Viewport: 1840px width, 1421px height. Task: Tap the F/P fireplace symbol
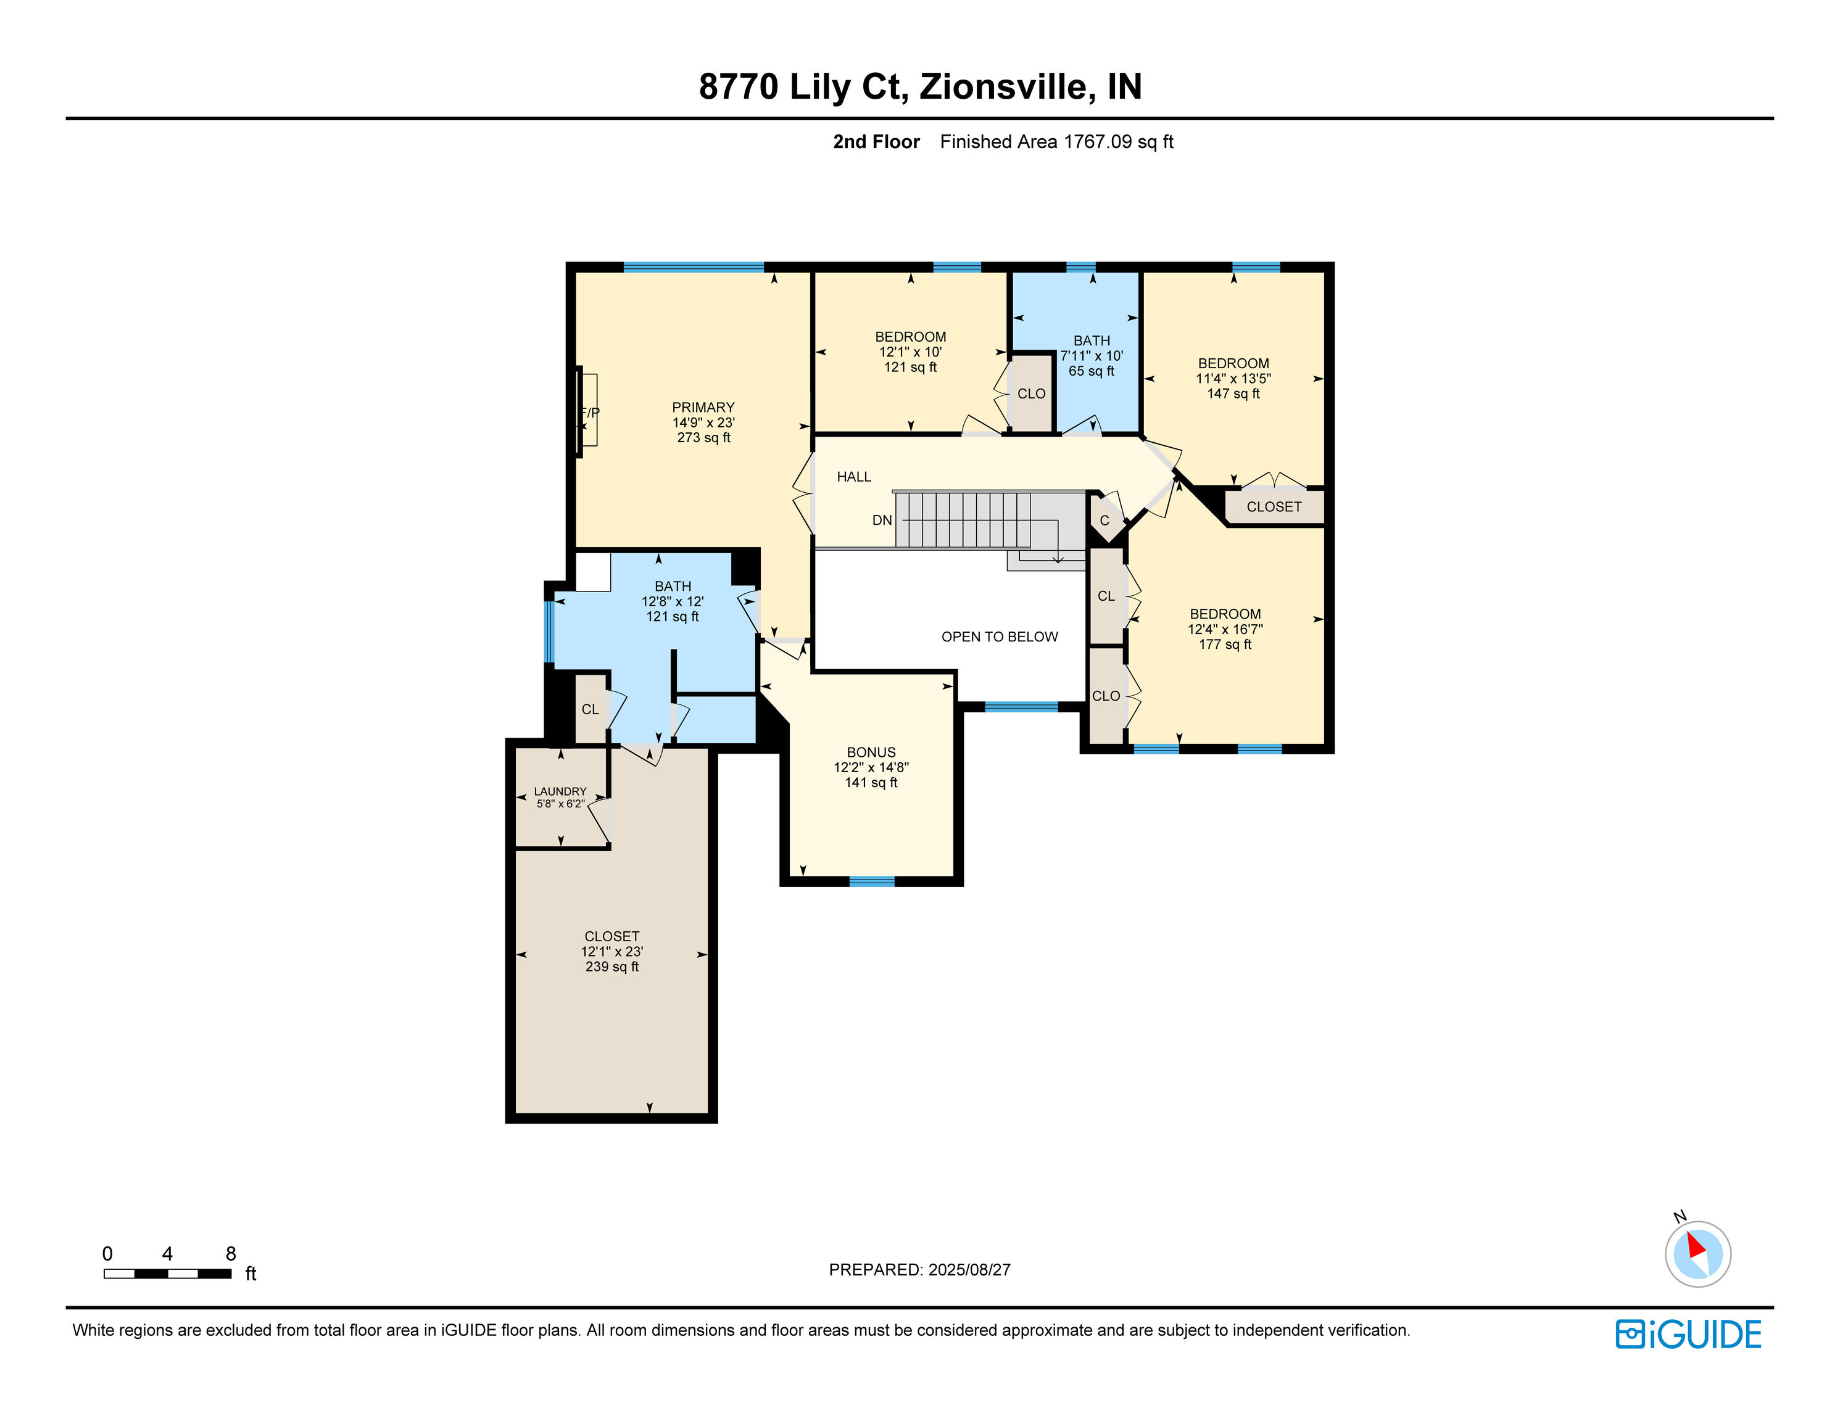(589, 413)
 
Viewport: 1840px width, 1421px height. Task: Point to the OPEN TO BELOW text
(999, 636)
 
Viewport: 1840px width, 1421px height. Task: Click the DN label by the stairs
(881, 521)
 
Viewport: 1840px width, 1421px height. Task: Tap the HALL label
(853, 477)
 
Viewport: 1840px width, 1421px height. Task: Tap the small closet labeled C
(1104, 521)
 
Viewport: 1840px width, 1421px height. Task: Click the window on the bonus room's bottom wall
(871, 882)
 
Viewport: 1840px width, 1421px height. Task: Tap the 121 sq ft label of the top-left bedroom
(910, 367)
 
